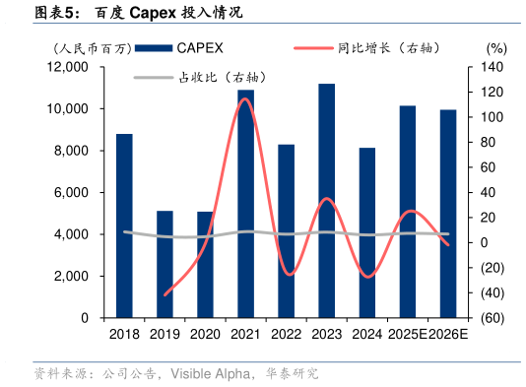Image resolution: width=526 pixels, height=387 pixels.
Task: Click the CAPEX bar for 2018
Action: click(124, 226)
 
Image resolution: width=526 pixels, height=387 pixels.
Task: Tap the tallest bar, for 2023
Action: click(326, 201)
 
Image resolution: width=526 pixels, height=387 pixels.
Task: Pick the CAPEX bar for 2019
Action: click(164, 264)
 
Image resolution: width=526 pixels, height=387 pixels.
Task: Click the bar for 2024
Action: click(366, 232)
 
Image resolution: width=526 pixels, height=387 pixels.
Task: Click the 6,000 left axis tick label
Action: click(72, 193)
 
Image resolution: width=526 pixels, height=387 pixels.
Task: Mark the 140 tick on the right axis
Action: click(493, 67)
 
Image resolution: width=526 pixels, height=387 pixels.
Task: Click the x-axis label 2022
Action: click(286, 336)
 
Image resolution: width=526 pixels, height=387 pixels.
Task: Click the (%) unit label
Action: click(495, 47)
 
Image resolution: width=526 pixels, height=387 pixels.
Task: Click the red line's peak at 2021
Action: click(244, 98)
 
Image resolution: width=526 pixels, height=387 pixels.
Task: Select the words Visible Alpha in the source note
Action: click(208, 374)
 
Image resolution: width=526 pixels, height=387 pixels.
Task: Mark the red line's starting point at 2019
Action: click(164, 294)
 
